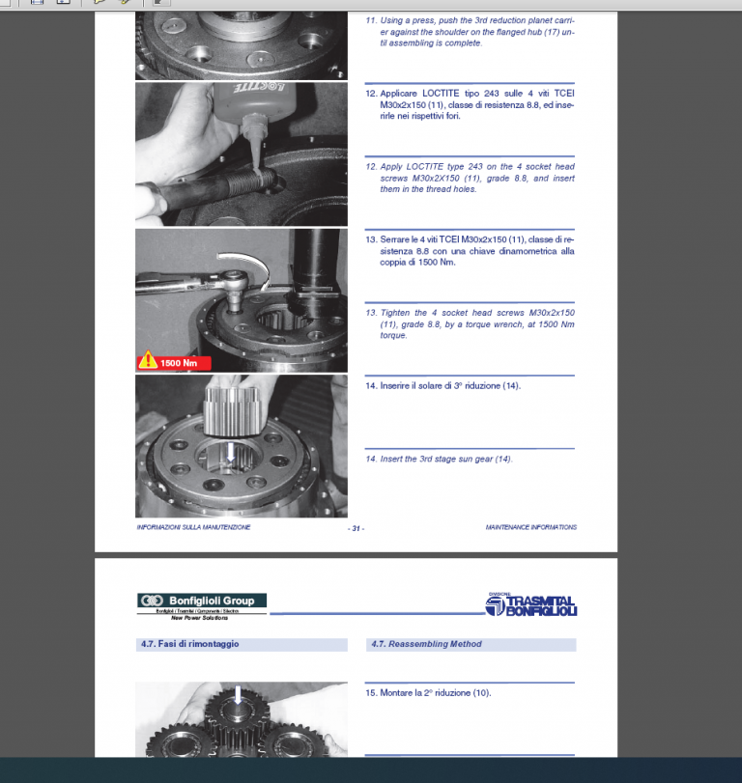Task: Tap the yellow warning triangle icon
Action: coord(147,362)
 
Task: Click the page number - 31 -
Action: coord(356,528)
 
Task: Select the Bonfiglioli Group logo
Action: coord(201,601)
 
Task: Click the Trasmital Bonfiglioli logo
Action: coord(530,604)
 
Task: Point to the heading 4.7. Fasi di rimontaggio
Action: coord(189,644)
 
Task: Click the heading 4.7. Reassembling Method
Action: coord(425,644)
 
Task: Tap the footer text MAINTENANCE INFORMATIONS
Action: coord(530,527)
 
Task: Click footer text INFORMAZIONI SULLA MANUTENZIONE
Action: coord(193,527)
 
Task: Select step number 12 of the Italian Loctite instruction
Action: coord(370,94)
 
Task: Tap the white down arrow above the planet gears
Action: coord(240,692)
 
